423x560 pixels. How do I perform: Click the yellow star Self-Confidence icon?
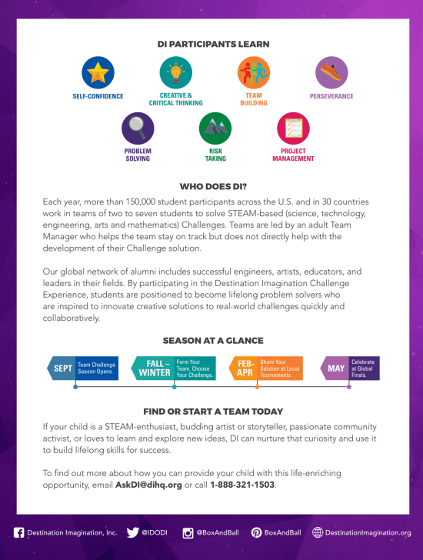pos(98,72)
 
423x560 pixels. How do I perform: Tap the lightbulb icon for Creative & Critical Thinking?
pos(176,72)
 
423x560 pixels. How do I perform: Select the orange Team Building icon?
pos(254,72)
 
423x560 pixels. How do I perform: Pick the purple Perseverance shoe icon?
pos(331,72)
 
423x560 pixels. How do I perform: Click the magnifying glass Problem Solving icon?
pos(138,128)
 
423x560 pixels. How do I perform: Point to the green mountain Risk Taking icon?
pos(215,128)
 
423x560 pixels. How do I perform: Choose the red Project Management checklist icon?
pos(293,128)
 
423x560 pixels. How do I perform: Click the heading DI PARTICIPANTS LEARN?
pos(213,44)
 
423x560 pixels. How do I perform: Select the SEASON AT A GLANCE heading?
pos(213,340)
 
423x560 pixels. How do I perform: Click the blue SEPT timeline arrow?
pos(62,368)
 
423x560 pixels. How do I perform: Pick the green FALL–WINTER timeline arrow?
pos(152,368)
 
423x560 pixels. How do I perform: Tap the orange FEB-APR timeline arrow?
pos(244,368)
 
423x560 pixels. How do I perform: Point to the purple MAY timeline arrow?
pos(335,368)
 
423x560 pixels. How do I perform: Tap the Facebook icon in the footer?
pos(18,532)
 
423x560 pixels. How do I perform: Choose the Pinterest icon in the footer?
pos(256,532)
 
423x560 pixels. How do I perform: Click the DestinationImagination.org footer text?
pos(368,532)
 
